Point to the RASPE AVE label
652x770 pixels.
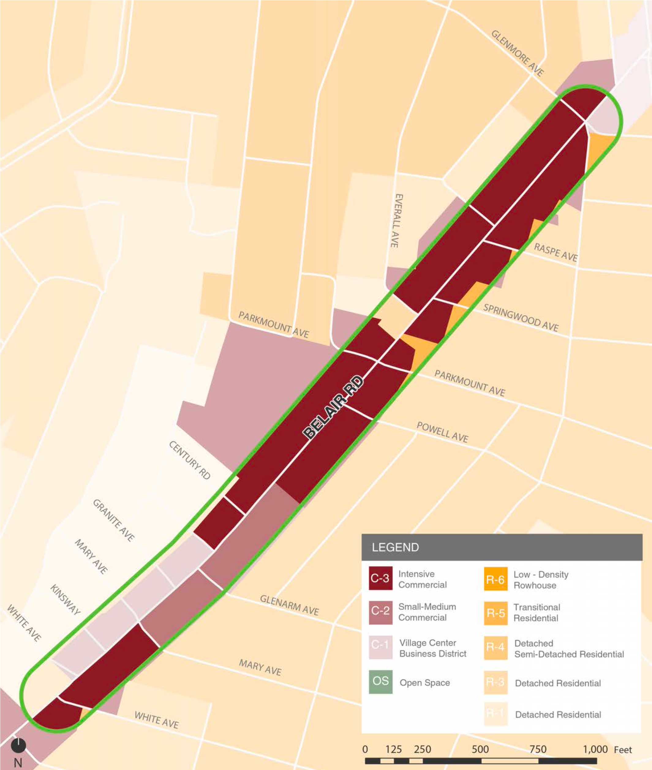point(555,252)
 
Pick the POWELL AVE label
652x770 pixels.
point(442,432)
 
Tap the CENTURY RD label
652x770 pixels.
point(190,460)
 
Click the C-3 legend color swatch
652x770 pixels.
point(380,578)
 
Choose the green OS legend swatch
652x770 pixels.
point(380,681)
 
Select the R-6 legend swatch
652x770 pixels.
point(495,579)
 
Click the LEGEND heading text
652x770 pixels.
point(395,547)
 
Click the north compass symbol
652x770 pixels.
point(18,745)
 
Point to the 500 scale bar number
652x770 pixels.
point(480,749)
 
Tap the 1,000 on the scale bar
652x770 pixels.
point(595,749)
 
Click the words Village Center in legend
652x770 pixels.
point(427,643)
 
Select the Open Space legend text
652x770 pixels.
point(425,682)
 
